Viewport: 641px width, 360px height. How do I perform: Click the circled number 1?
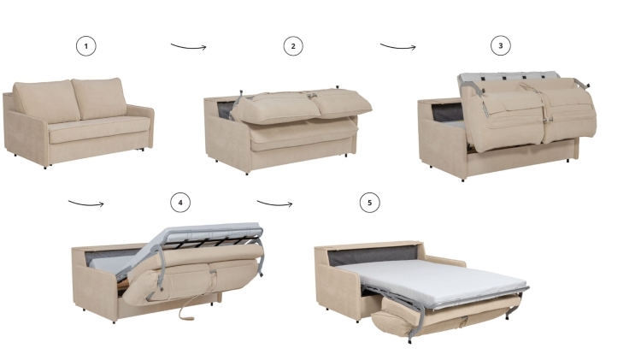click(85, 46)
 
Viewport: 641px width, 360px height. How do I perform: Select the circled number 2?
click(293, 46)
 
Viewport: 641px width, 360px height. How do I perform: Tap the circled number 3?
click(501, 46)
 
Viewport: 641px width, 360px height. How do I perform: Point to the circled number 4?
click(179, 203)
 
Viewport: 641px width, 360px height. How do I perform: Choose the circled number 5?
click(369, 203)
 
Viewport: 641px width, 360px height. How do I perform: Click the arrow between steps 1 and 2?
click(188, 46)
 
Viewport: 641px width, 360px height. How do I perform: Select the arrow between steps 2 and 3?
click(397, 46)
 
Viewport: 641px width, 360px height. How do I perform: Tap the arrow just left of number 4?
click(85, 204)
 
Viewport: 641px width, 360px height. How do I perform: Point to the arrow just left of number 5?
click(274, 204)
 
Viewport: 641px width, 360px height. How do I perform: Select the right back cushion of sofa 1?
click(99, 99)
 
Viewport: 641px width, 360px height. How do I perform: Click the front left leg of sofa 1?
click(45, 166)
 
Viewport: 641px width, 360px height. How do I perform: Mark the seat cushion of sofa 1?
click(85, 128)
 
